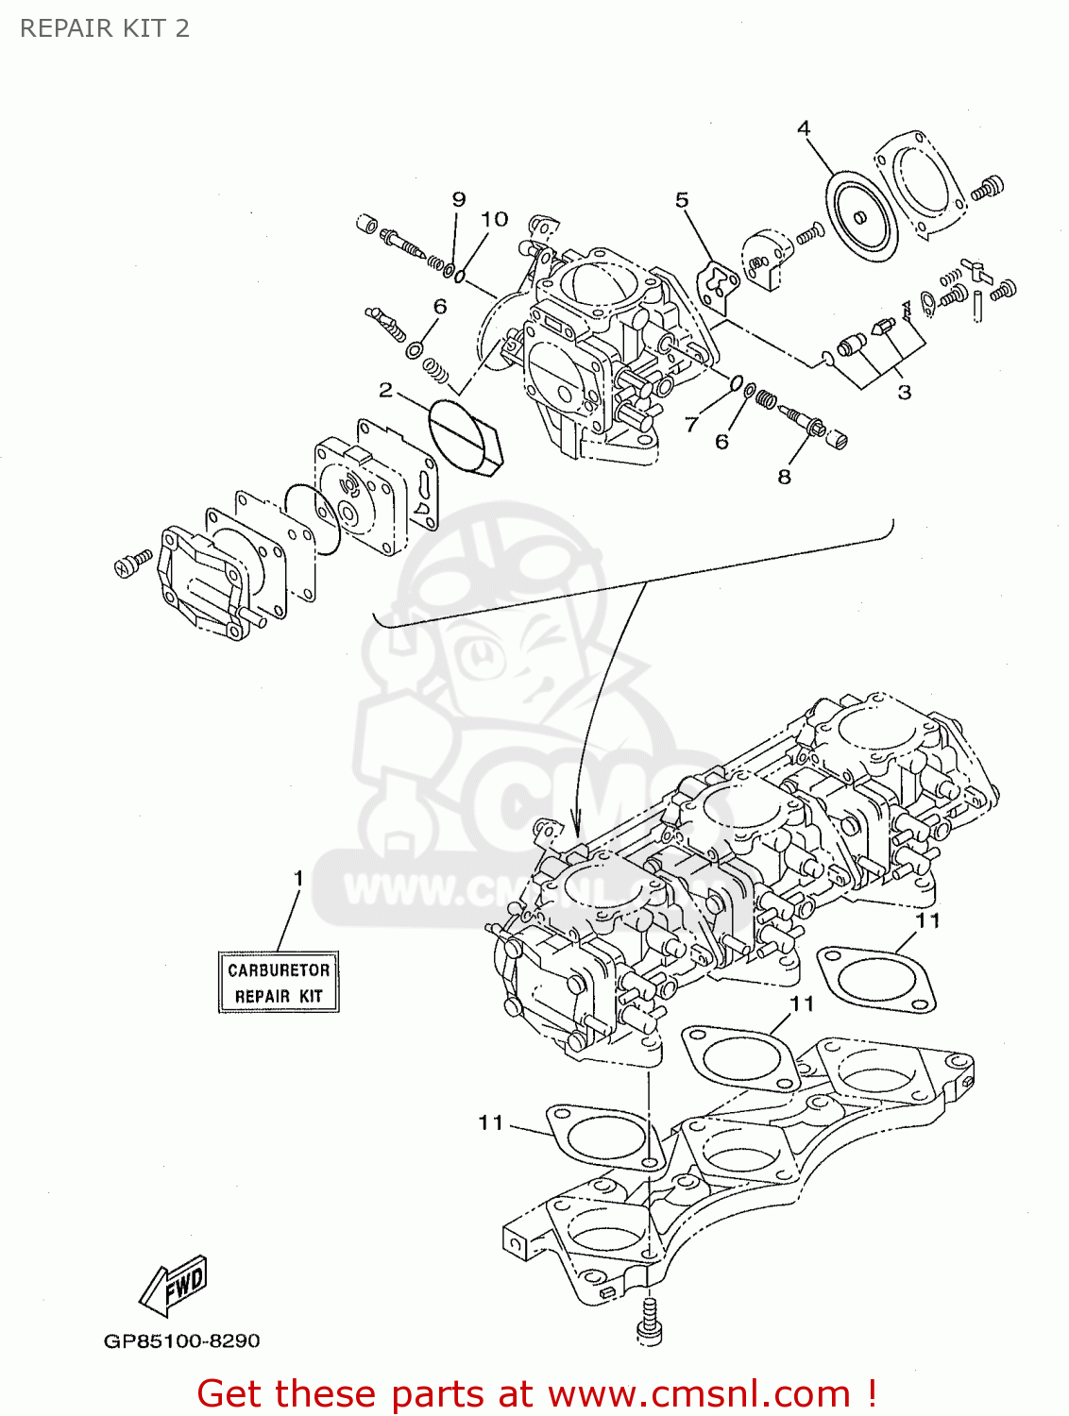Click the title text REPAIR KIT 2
[105, 28]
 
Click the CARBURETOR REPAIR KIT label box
[279, 983]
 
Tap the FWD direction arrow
[174, 1285]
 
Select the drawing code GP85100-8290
[181, 1340]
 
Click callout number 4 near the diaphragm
[804, 128]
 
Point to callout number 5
[682, 200]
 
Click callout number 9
[459, 199]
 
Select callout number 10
[495, 219]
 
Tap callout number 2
[385, 390]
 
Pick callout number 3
[904, 392]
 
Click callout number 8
[784, 477]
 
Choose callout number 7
[691, 425]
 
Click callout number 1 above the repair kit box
[298, 879]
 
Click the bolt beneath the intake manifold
[649, 1319]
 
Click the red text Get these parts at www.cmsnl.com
[536, 1393]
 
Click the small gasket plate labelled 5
[718, 285]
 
